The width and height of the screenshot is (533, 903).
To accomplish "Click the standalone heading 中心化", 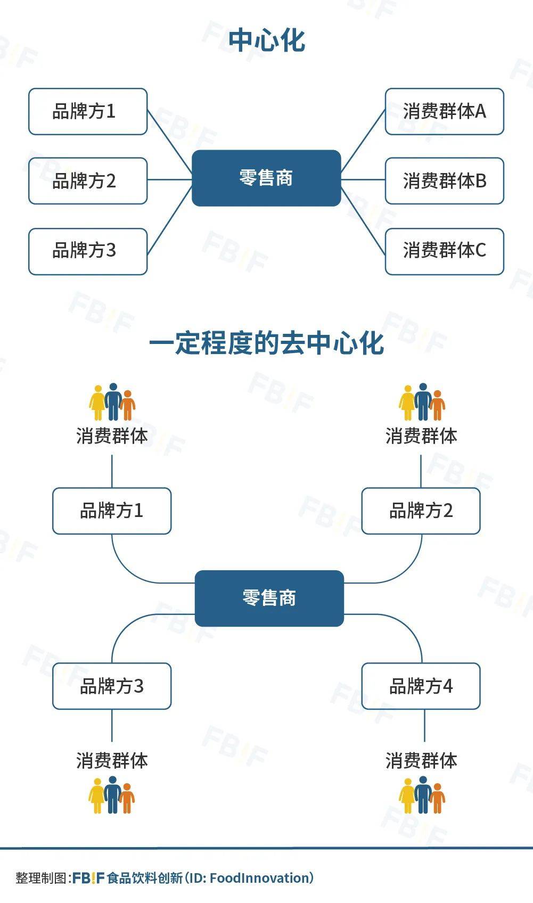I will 267,41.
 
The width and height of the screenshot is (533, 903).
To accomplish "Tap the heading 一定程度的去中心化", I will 267,343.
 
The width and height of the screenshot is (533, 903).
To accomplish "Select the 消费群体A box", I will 444,111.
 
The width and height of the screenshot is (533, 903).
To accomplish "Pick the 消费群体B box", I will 444,180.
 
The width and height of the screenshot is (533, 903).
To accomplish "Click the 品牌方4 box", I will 421,686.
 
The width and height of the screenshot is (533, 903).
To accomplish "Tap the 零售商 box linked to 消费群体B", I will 266,178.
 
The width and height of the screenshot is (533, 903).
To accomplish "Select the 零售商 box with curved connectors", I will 269,598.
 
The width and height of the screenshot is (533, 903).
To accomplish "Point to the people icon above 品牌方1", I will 112,402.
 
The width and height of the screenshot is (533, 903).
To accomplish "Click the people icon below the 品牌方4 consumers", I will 422,795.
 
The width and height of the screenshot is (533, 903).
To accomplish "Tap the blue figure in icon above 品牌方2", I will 423,401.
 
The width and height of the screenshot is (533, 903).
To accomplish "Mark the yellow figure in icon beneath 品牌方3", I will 97,796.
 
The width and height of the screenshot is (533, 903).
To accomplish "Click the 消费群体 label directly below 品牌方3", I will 112,760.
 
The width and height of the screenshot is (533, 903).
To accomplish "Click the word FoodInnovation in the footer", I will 259,878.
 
